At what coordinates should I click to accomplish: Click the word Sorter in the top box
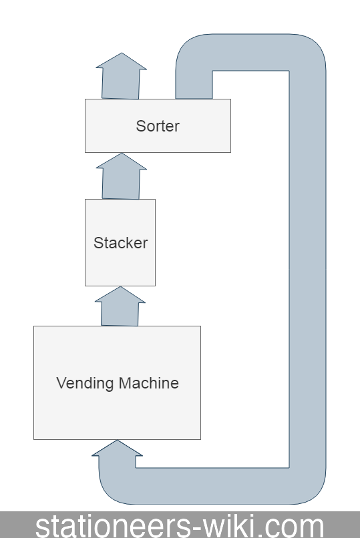(158, 125)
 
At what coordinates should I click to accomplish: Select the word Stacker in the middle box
(120, 243)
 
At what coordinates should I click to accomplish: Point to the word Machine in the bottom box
(148, 383)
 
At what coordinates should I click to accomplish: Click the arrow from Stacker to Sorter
(121, 177)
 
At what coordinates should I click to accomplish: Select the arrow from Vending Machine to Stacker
(121, 307)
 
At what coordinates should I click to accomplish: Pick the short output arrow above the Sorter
(121, 77)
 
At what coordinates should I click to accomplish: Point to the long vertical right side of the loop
(307, 267)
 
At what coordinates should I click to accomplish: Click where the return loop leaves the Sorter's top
(194, 87)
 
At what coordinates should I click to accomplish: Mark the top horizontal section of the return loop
(250, 52)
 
